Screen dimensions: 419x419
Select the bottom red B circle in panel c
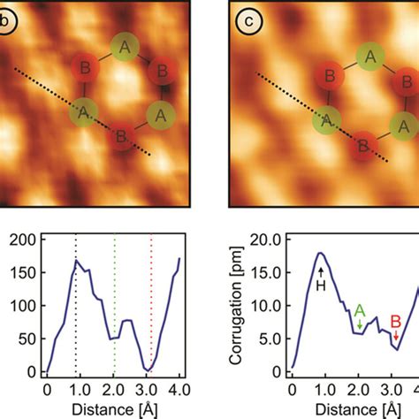(361, 143)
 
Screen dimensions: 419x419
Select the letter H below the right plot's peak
(321, 286)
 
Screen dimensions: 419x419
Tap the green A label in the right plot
(360, 310)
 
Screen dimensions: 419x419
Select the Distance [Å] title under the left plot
(113, 408)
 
